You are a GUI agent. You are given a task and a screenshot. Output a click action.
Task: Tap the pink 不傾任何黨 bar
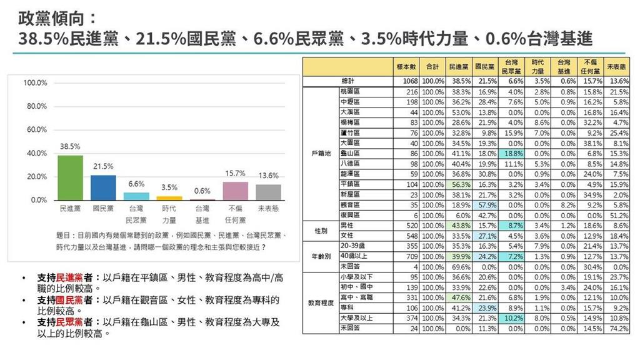236,191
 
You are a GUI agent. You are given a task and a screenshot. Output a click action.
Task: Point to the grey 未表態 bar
269,192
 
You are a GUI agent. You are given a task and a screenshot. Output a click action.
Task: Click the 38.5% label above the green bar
70,147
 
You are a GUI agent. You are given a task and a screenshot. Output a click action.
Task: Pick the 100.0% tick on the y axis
36,83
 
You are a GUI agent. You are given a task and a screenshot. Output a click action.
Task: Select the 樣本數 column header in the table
407,66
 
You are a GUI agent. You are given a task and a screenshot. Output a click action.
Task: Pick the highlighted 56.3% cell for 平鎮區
459,184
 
